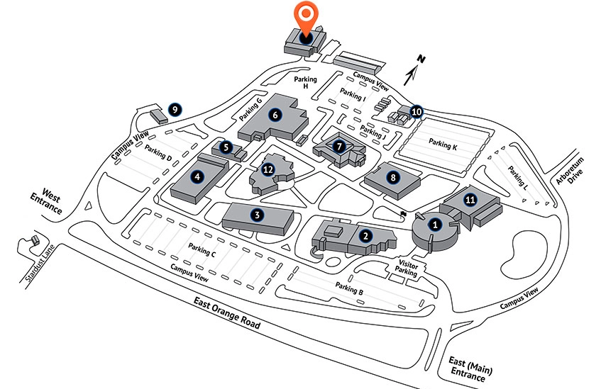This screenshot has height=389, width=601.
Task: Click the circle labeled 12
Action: pyautogui.click(x=268, y=169)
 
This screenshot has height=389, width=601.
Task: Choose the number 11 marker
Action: pyautogui.click(x=469, y=199)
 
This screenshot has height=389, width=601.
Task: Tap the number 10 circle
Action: pyautogui.click(x=417, y=111)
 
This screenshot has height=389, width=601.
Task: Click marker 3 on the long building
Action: pyautogui.click(x=258, y=213)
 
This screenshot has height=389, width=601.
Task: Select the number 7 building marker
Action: pyautogui.click(x=339, y=147)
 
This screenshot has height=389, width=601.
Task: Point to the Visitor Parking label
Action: pyautogui.click(x=405, y=268)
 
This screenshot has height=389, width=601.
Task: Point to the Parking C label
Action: pyautogui.click(x=202, y=249)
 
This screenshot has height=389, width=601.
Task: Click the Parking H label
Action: pyautogui.click(x=306, y=82)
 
